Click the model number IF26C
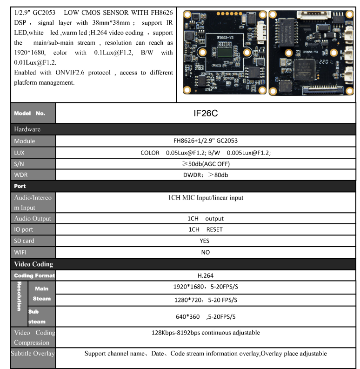tap(205, 113)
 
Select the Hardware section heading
tap(27, 129)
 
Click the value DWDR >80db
tap(205, 175)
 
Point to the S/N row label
tap(20, 164)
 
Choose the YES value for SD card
tap(205, 241)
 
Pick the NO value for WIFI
tap(205, 252)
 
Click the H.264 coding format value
tap(205, 275)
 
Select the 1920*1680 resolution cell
tap(205, 288)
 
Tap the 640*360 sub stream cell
tap(205, 316)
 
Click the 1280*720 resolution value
tap(205, 300)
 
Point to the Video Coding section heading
tap(33, 264)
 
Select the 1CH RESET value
tap(205, 229)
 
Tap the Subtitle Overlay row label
tap(33, 354)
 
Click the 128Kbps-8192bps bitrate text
tap(205, 333)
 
